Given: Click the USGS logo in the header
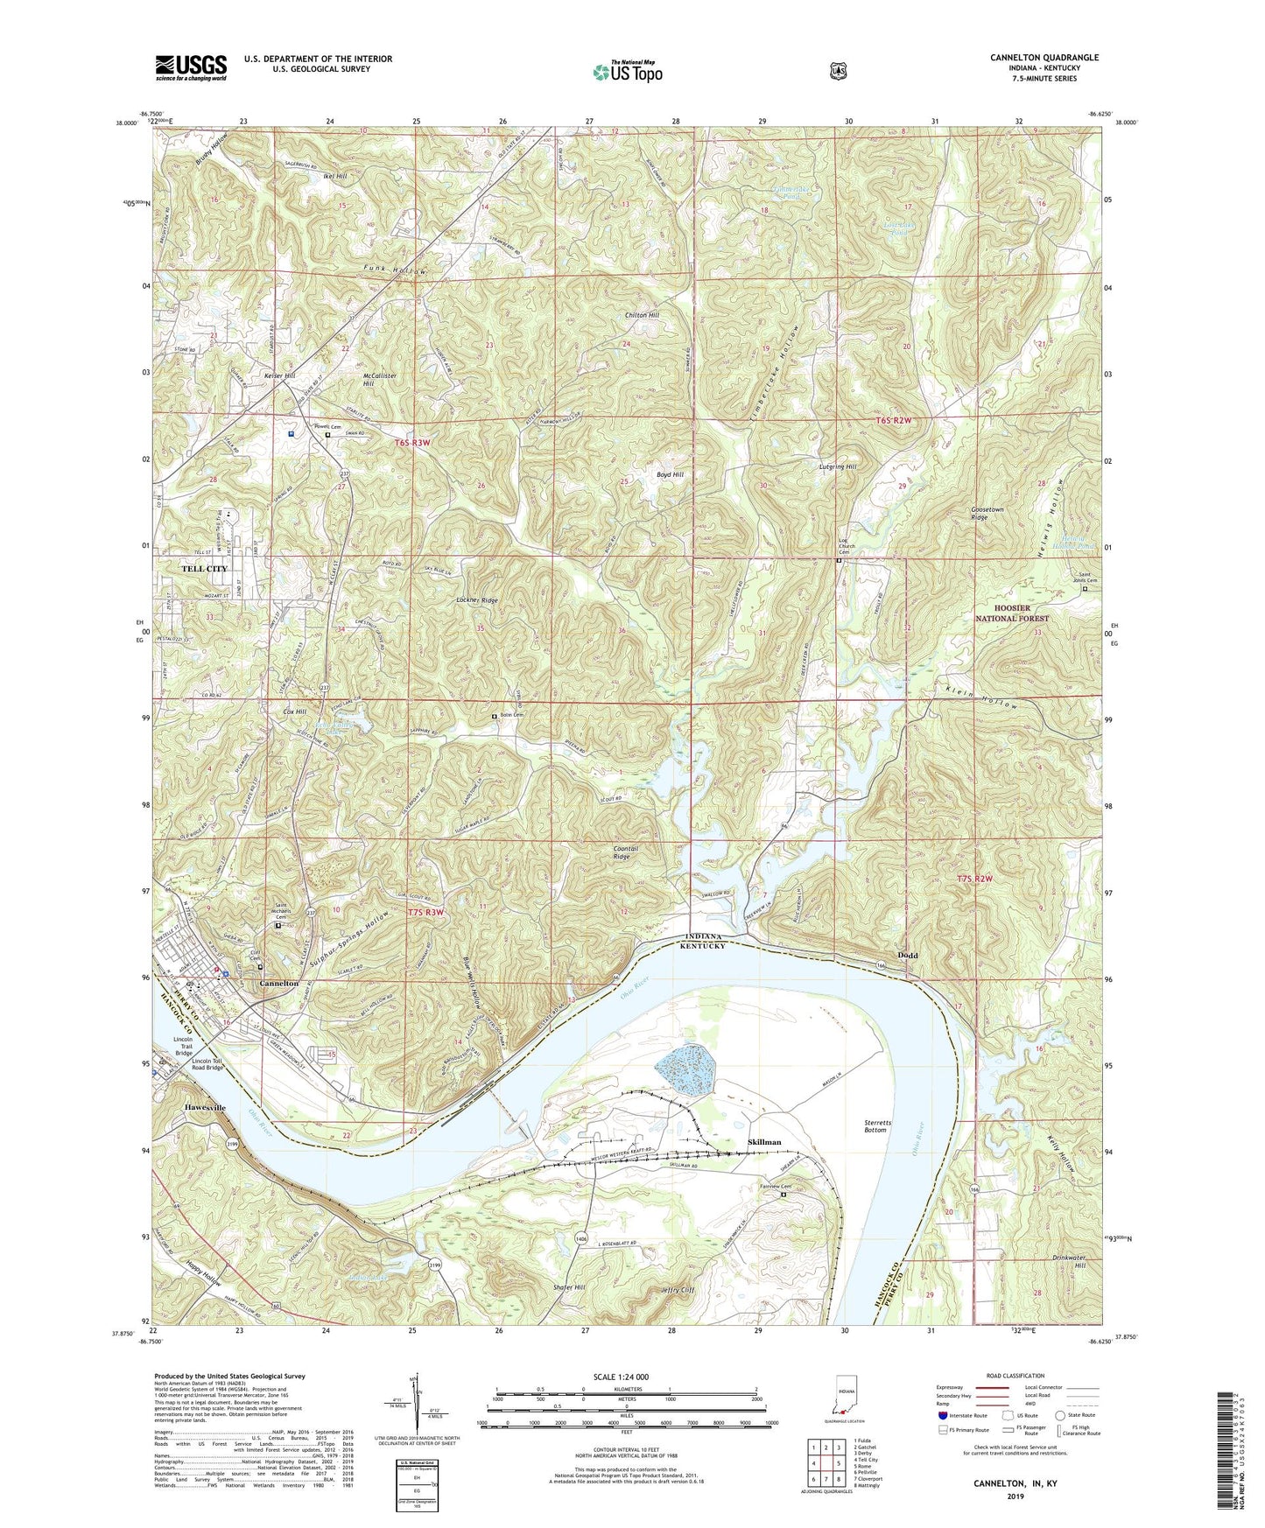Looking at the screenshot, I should tap(191, 67).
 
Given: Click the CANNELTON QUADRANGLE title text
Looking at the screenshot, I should tap(1044, 58).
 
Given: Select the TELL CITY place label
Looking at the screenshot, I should tap(204, 569).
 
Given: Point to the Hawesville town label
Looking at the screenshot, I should tap(205, 1108).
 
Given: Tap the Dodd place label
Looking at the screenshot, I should tap(908, 956).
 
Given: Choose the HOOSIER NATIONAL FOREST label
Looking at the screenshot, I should tap(1011, 613).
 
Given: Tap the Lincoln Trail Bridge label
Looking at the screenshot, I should tap(183, 1048).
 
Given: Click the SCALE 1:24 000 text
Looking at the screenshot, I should tap(621, 1377).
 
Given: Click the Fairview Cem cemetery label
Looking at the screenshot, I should tap(770, 1187).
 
